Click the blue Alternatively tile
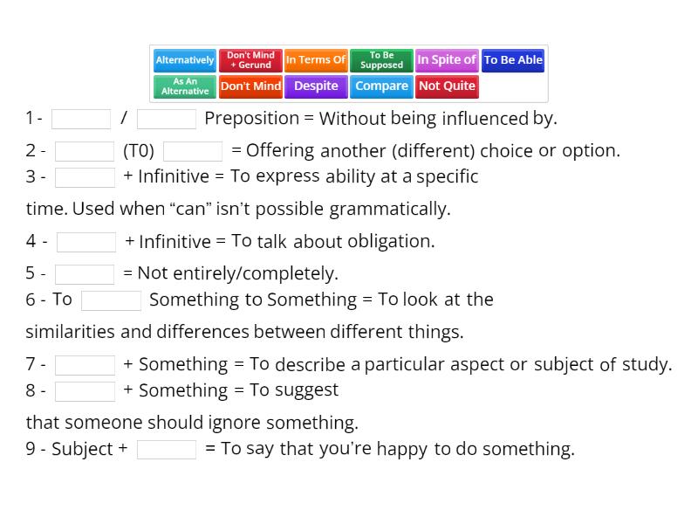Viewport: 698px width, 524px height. (185, 60)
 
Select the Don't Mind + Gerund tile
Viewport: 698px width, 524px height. (250, 60)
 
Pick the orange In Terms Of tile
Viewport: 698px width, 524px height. (316, 60)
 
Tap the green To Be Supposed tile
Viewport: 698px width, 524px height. (381, 60)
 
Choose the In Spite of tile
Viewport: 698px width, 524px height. (447, 60)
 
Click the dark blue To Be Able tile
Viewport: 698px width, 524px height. (513, 60)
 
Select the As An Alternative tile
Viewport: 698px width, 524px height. (185, 86)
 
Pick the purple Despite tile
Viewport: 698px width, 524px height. (316, 86)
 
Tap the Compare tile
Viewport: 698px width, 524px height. (381, 86)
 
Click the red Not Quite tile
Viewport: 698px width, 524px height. (447, 86)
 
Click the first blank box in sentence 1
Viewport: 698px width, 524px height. (81, 119)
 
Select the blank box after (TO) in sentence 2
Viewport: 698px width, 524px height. (193, 151)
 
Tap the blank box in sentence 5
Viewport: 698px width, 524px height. (85, 274)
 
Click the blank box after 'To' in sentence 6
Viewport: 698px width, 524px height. (112, 300)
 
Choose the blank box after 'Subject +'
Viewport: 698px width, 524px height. (167, 449)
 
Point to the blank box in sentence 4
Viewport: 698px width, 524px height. (86, 242)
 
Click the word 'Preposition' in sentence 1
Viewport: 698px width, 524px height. (252, 119)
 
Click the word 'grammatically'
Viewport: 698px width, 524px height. (387, 209)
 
